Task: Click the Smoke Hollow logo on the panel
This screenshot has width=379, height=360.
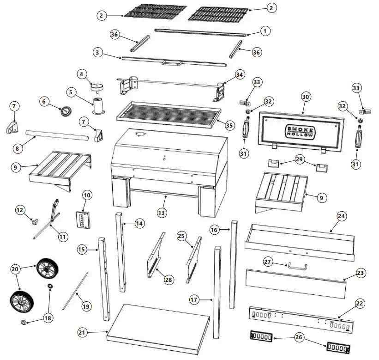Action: point(300,132)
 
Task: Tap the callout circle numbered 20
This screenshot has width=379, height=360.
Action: point(15,268)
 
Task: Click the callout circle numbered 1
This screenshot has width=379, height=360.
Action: point(265,31)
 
